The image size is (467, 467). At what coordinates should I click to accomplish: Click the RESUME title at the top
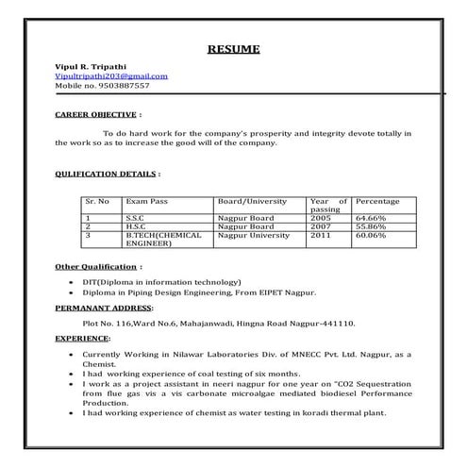click(233, 48)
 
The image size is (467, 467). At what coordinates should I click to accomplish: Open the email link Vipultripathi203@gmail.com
click(111, 75)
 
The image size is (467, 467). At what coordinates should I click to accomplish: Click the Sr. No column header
click(97, 202)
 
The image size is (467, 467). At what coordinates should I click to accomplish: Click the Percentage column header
click(377, 202)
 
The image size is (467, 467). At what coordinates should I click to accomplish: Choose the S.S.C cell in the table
click(136, 219)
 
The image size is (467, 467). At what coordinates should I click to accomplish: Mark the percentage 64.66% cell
click(372, 219)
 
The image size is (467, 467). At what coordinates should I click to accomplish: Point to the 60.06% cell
click(372, 236)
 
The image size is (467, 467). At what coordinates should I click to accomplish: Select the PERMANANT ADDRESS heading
click(103, 309)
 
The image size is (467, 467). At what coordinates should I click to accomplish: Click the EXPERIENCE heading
click(82, 337)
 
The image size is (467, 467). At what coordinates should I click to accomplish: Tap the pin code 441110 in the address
click(339, 323)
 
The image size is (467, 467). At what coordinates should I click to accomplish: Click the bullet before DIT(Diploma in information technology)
click(73, 282)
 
